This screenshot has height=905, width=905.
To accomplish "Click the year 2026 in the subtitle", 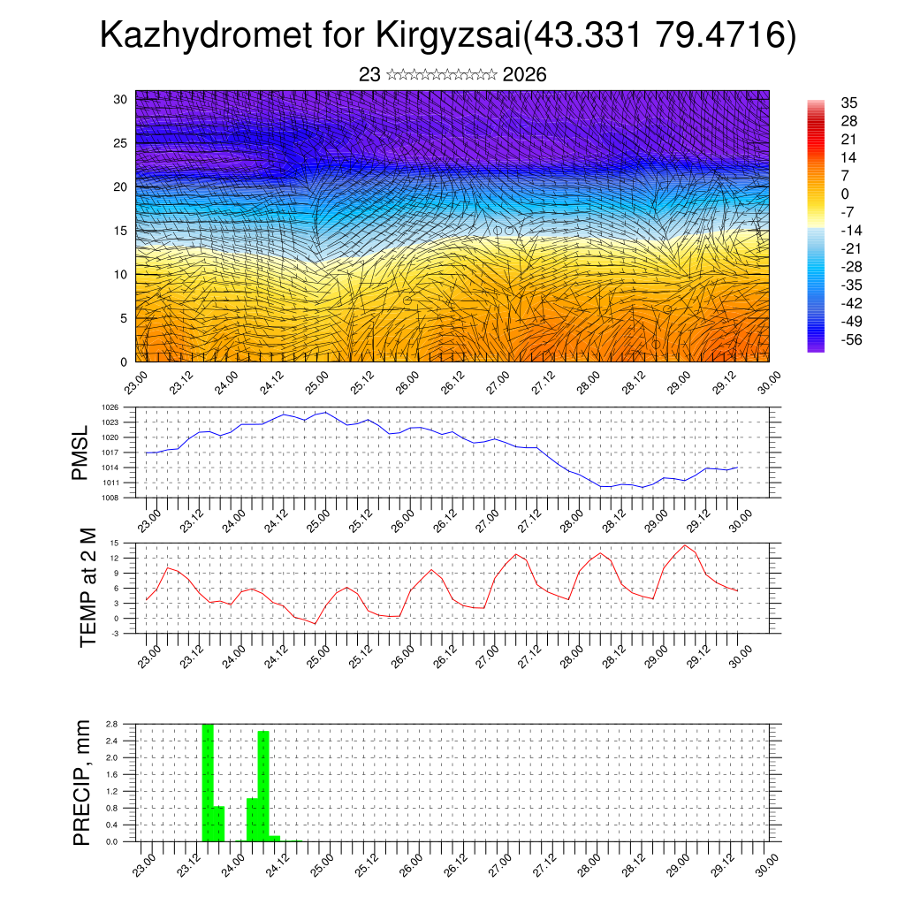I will (x=524, y=75).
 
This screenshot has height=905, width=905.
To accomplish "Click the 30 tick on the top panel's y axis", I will (x=120, y=99).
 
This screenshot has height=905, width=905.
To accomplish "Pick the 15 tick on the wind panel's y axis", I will (x=120, y=231).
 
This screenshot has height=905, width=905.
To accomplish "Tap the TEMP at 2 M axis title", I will (x=87, y=587).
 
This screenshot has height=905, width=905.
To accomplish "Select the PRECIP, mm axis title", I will (x=81, y=781).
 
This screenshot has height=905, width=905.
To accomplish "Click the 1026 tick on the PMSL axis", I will (x=110, y=407).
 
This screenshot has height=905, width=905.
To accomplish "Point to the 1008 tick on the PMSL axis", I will (x=110, y=498).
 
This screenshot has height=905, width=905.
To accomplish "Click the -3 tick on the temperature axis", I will (x=115, y=634).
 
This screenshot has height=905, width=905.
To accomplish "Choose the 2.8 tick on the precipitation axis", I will (x=112, y=724).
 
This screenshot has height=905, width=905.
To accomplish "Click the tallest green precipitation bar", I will (x=208, y=782).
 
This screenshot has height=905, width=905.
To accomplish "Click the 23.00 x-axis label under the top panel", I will (x=134, y=381).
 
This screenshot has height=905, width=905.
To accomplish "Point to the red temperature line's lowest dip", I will (x=314, y=624).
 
